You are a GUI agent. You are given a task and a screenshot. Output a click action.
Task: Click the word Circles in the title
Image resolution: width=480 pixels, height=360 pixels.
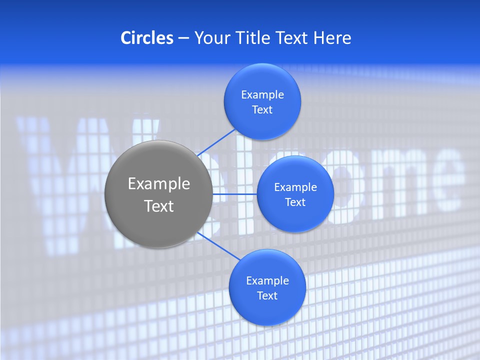[x=147, y=38]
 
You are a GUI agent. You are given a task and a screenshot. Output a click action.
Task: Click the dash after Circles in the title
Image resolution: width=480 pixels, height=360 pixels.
[x=183, y=38]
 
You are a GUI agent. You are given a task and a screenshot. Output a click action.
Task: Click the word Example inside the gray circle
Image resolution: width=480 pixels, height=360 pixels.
[x=159, y=184]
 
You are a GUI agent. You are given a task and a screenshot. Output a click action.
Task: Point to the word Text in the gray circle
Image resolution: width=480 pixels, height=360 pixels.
[x=159, y=206]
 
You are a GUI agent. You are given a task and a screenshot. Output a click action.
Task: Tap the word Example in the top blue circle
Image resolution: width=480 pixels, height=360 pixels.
[x=262, y=94]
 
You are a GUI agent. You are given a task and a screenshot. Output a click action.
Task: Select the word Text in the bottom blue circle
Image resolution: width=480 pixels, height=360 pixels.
[x=267, y=295]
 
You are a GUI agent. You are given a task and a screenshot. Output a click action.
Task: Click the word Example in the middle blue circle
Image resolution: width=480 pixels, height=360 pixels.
[x=295, y=187]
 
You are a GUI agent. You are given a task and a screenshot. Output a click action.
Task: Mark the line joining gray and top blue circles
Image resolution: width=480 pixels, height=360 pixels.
[x=217, y=142]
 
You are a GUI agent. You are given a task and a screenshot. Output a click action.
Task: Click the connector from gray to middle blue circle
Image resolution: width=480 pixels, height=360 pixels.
[x=234, y=194]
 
